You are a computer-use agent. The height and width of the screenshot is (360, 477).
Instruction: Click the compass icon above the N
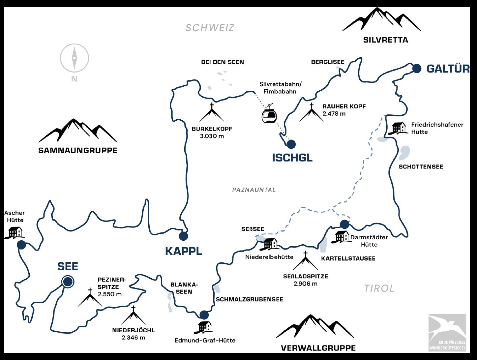pos(75,58)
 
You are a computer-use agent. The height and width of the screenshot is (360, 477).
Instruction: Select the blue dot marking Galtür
pos(417,68)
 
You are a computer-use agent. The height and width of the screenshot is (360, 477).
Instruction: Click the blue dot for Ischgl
pos(291,144)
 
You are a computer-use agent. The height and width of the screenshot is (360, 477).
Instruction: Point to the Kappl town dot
pos(183,236)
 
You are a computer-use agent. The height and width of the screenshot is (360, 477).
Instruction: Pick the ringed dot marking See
pos(68,282)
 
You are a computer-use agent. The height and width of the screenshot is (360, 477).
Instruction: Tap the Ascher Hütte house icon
pos(15,232)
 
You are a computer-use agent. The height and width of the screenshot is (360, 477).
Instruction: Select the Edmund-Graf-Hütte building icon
pos(205,327)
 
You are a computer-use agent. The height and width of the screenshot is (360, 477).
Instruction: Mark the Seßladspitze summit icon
pos(305,261)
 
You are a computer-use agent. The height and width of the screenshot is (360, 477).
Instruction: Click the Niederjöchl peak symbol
pos(134,315)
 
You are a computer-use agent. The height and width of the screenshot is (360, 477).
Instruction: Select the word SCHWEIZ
pos(210,28)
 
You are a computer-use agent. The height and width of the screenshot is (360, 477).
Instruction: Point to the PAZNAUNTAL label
pos(254,190)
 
